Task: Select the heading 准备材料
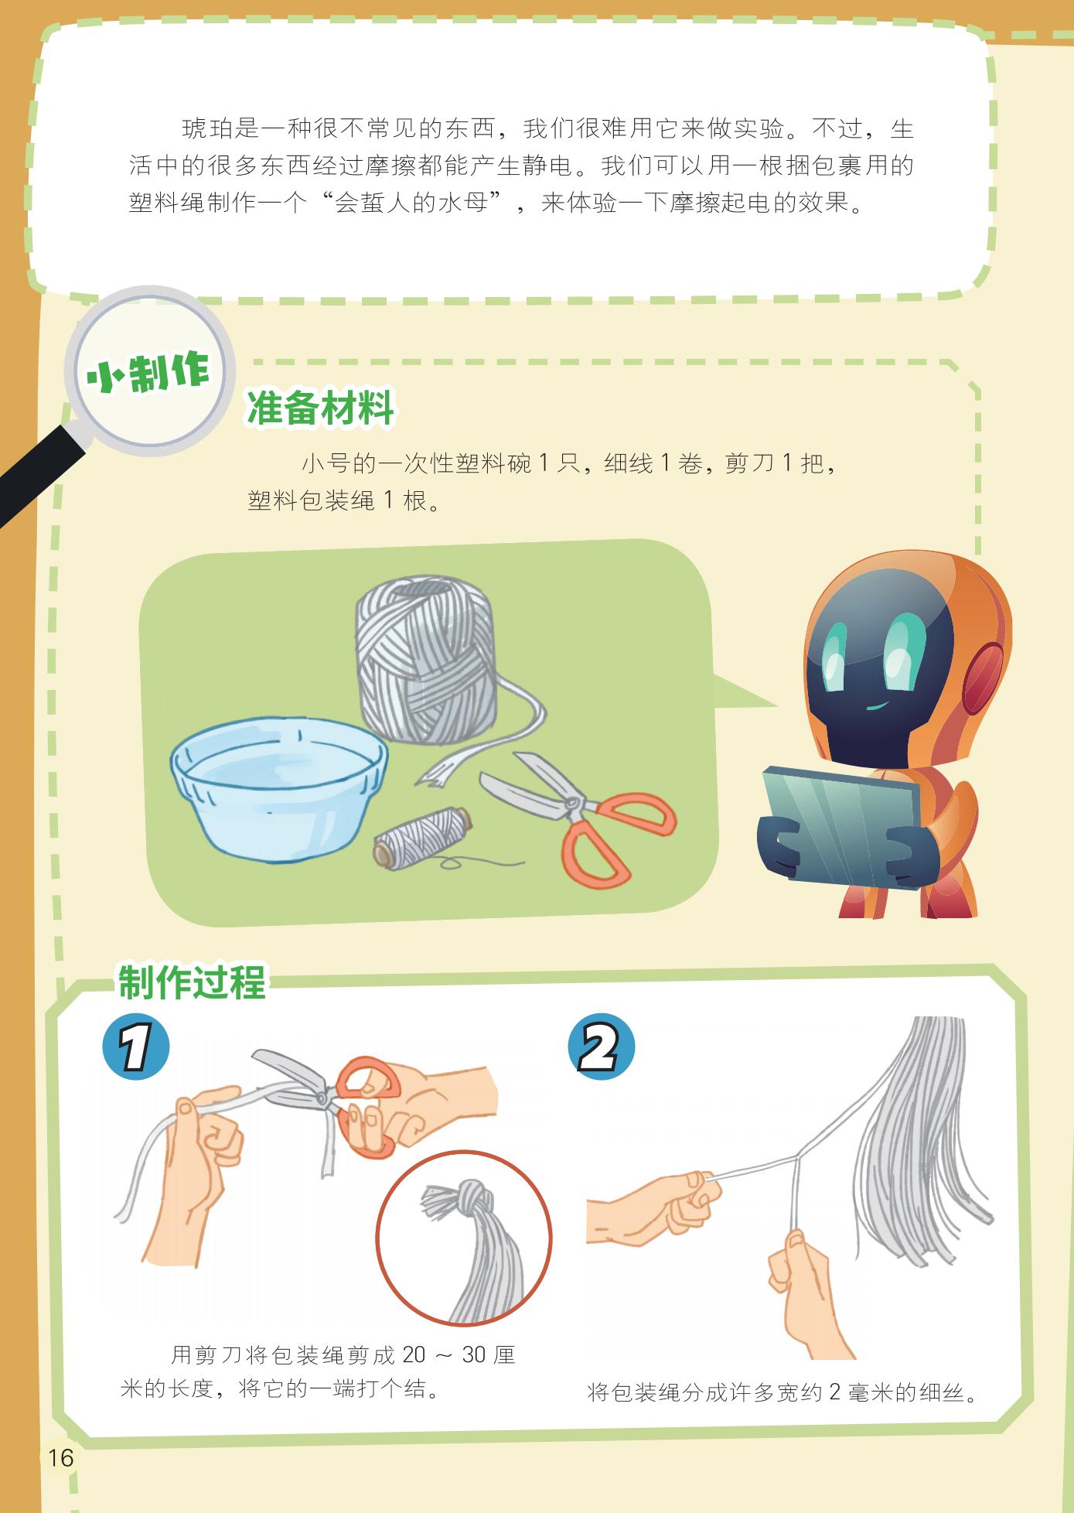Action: (319, 408)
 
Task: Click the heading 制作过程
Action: (192, 982)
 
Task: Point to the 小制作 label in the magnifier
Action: (148, 374)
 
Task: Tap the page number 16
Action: (60, 1457)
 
